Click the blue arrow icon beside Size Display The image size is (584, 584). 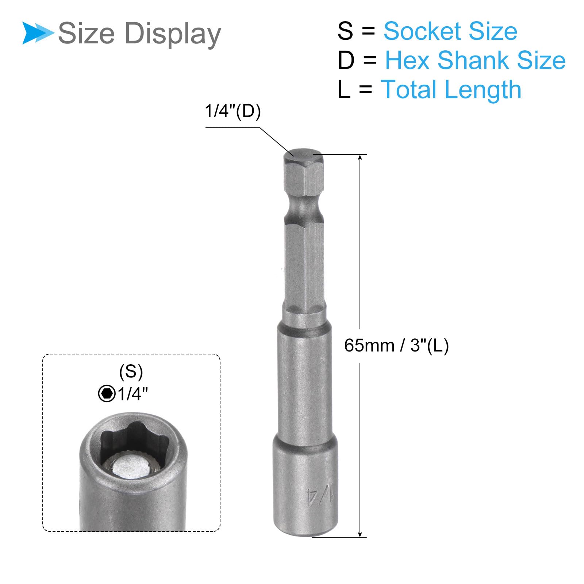pyautogui.click(x=38, y=33)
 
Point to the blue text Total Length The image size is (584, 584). pyautogui.click(x=451, y=90)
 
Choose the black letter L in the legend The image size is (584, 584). pyautogui.click(x=344, y=89)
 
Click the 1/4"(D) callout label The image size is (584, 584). pyautogui.click(x=233, y=111)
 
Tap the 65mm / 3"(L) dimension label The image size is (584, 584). pyautogui.click(x=396, y=345)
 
